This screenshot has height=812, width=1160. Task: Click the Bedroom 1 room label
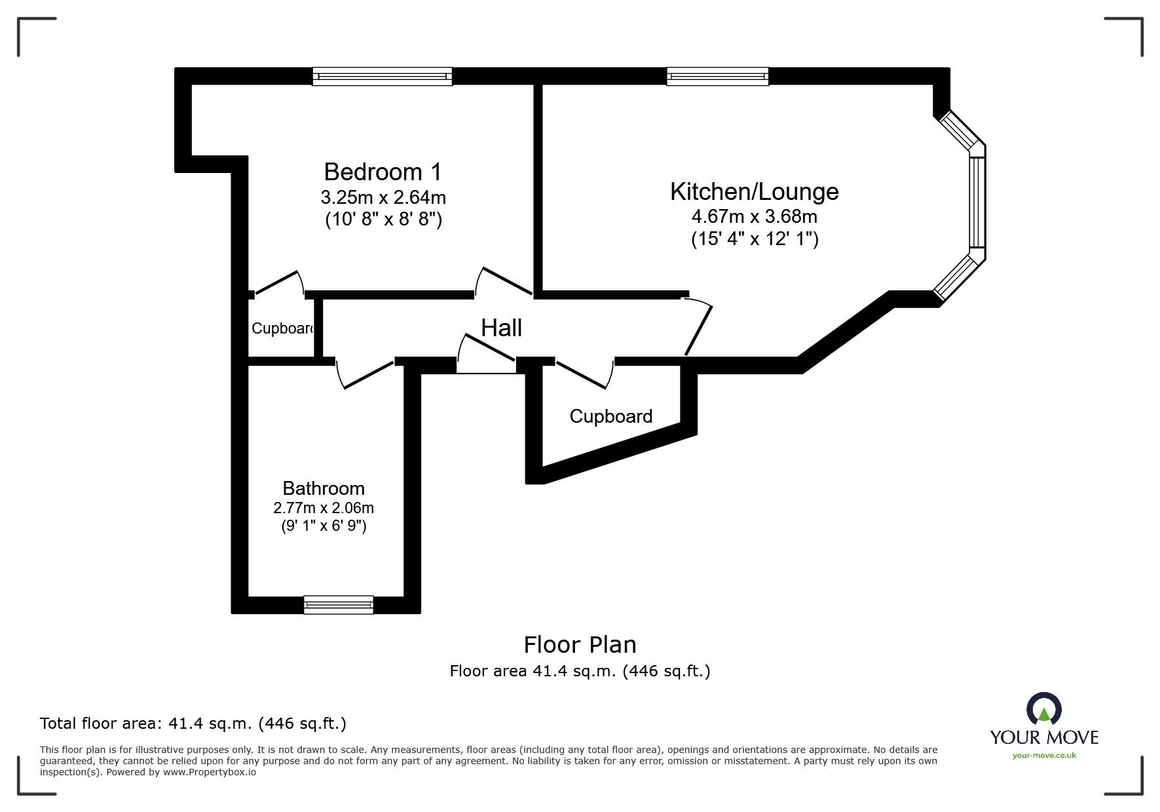click(383, 172)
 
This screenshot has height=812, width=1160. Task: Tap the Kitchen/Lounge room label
click(754, 191)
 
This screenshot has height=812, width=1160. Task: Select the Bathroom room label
click(324, 488)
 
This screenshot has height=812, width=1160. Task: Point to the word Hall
click(501, 328)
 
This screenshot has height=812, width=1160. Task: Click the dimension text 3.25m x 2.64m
click(383, 197)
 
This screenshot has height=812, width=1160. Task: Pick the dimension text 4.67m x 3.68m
click(754, 216)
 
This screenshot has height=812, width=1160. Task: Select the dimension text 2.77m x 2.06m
click(324, 508)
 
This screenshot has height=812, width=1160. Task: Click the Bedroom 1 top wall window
click(383, 77)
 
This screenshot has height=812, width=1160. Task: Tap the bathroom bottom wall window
click(338, 604)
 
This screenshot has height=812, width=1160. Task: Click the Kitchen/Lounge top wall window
click(717, 77)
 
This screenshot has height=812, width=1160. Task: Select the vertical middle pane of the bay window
click(977, 202)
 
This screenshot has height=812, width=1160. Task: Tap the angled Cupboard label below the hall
click(610, 416)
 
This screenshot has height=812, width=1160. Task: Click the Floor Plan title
click(580, 645)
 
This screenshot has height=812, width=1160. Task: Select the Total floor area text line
click(193, 724)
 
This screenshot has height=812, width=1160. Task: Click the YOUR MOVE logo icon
click(1043, 710)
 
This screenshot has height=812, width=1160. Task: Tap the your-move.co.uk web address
click(1044, 756)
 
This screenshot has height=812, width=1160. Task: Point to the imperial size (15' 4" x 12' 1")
click(755, 239)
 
